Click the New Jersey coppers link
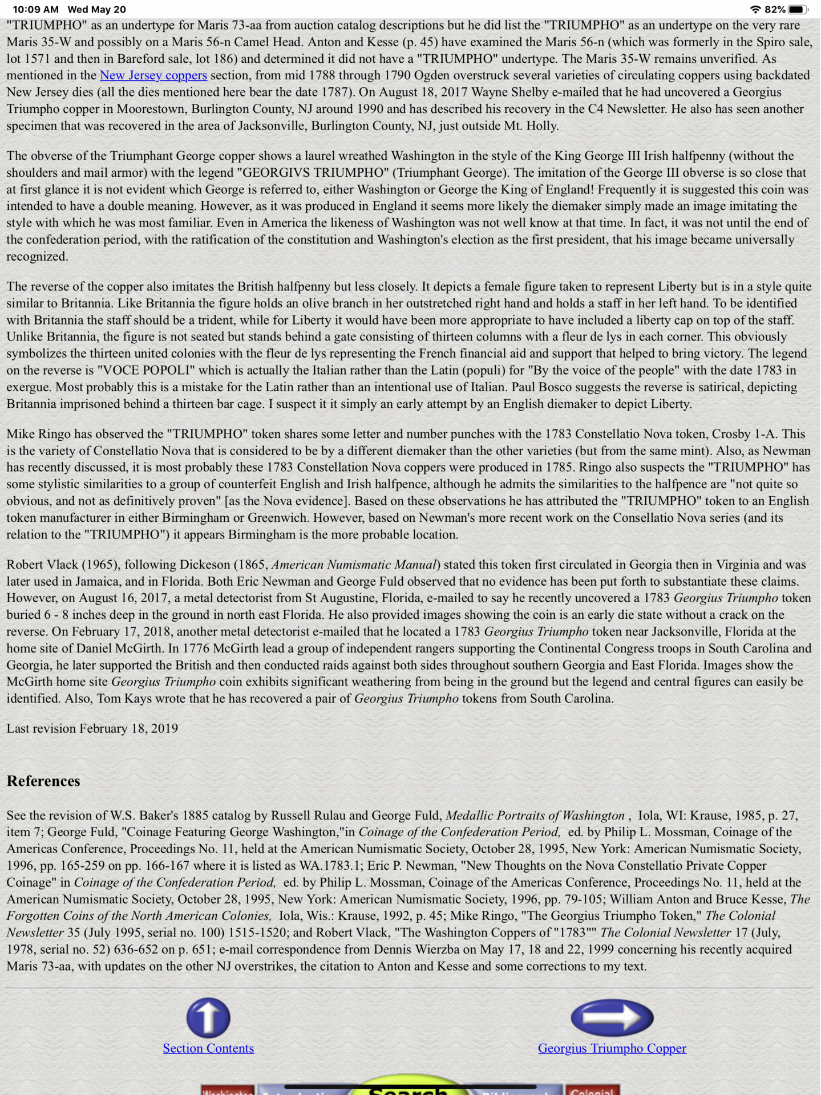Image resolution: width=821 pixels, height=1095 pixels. point(153,75)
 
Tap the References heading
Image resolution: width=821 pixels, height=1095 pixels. point(43,781)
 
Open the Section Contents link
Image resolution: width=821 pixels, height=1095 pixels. point(208,1048)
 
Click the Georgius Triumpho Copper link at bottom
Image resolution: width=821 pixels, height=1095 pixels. point(612,1048)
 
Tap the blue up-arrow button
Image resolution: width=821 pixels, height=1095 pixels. point(208,1017)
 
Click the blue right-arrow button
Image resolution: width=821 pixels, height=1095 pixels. point(612,1017)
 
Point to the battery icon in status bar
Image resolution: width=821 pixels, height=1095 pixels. point(798,10)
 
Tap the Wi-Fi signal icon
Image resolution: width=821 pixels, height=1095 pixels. point(755,10)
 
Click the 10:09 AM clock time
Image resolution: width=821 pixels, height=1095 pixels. point(35,10)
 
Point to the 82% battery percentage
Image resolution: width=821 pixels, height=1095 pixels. point(775,10)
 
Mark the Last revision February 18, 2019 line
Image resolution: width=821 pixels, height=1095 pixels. point(92,728)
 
